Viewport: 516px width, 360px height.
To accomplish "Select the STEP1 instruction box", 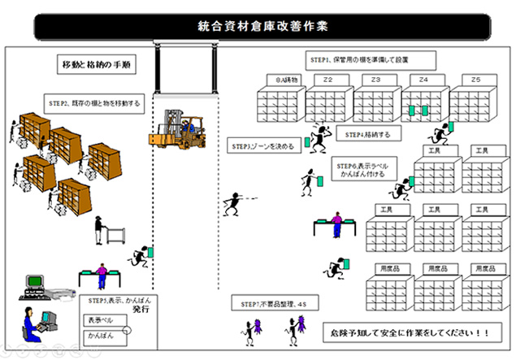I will point(371,60).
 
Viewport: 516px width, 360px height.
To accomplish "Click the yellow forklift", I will point(181,130).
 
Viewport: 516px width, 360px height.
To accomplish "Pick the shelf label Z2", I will point(328,80).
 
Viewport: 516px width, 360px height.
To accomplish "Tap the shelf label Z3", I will point(375,80).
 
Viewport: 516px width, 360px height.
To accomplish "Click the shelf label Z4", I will point(423,80).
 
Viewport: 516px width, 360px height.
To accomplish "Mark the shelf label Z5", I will point(476,80).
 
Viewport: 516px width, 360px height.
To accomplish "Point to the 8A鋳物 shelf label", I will point(282,80).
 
